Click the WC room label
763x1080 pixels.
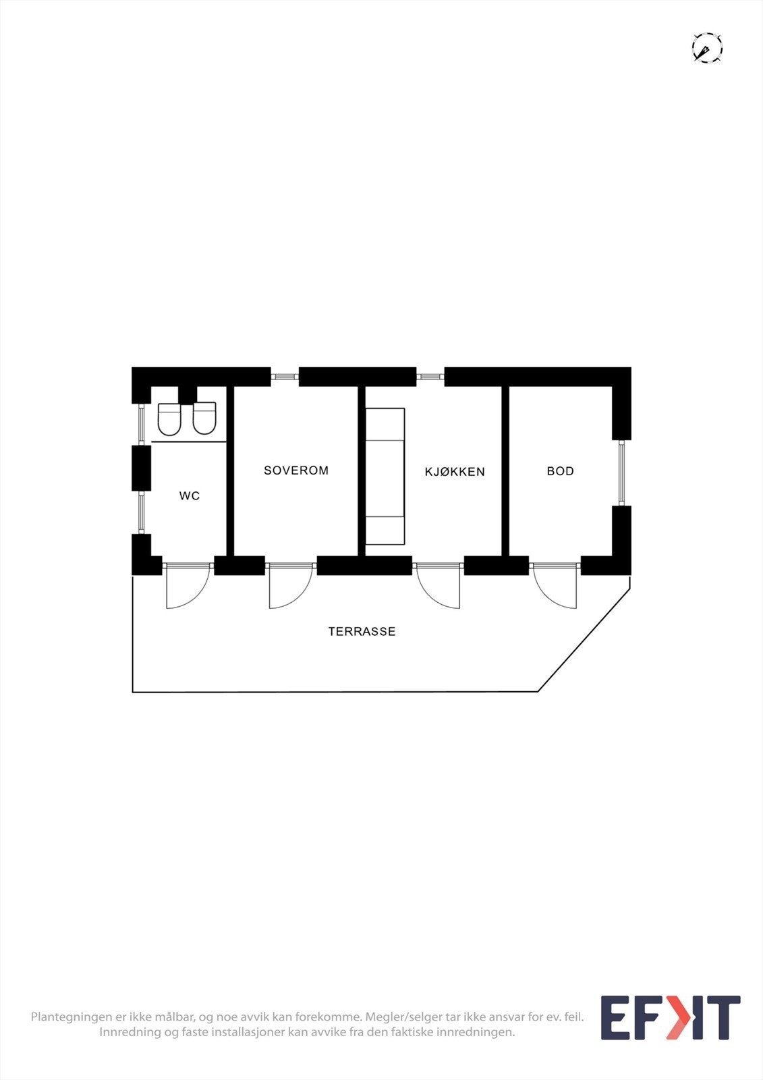(x=190, y=496)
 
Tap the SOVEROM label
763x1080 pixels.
(x=296, y=470)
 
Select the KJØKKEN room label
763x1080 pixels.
(x=455, y=472)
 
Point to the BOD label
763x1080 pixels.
(x=560, y=471)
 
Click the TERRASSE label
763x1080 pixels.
(x=362, y=632)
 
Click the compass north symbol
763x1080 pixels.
(x=707, y=49)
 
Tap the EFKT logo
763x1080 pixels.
(x=670, y=1018)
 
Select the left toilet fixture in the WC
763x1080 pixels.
(x=169, y=419)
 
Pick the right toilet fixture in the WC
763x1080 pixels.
(x=204, y=418)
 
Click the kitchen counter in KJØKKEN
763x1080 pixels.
(x=385, y=476)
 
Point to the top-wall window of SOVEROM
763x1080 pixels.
(x=285, y=377)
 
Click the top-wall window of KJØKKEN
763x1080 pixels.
(x=430, y=377)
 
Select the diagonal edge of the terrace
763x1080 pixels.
(x=584, y=641)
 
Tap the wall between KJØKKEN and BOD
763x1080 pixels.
(x=505, y=471)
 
